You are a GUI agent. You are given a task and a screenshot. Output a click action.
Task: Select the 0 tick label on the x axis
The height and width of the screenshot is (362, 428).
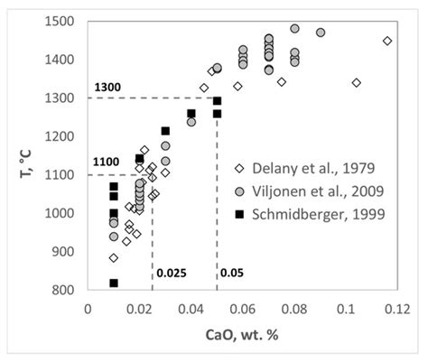(88, 307)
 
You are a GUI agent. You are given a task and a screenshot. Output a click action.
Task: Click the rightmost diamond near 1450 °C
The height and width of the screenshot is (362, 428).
(387, 41)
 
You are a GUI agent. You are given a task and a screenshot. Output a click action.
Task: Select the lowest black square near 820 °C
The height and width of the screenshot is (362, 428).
(114, 283)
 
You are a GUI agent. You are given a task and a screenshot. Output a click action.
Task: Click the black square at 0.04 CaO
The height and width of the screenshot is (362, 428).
(191, 114)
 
